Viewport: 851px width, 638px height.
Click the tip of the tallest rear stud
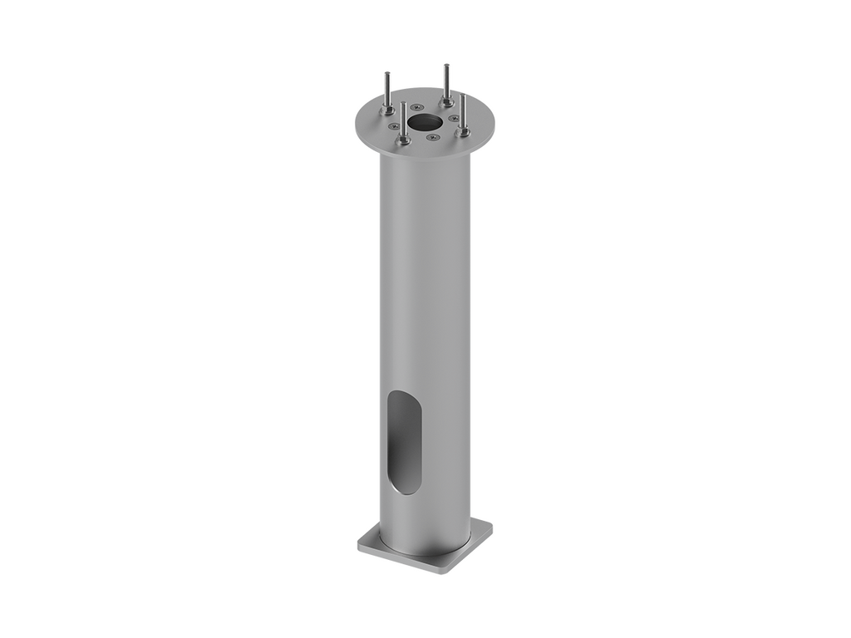[x=446, y=64]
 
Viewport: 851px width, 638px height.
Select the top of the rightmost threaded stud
[x=464, y=96]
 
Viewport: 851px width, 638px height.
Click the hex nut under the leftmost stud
[x=388, y=110]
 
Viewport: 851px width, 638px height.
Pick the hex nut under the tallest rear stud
[x=446, y=101]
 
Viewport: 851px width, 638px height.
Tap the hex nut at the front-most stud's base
[x=404, y=140]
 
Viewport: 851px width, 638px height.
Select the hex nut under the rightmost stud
[x=464, y=131]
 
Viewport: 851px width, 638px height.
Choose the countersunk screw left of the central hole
[x=394, y=126]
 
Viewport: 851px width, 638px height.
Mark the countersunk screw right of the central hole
[x=454, y=118]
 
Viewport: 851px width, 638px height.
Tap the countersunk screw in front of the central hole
[x=432, y=137]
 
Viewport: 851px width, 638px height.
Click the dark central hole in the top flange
[x=425, y=122]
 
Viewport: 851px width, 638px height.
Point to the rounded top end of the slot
[x=406, y=394]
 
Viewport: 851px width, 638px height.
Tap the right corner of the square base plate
[x=494, y=525]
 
